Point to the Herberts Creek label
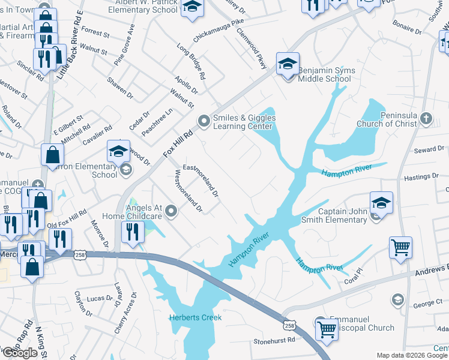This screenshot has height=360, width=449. tap(195, 317)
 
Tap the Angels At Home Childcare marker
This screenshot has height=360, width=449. tap(172, 211)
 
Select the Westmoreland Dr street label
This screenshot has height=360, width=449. tap(188, 192)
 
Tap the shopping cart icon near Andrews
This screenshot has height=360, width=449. tap(400, 246)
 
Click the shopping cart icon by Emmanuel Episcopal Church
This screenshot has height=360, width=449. tap(327, 328)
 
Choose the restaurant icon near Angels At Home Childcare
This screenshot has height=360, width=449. tap(133, 232)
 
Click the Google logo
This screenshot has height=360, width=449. tap(20, 353)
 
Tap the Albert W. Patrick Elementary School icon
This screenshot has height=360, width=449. tap(192, 7)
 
